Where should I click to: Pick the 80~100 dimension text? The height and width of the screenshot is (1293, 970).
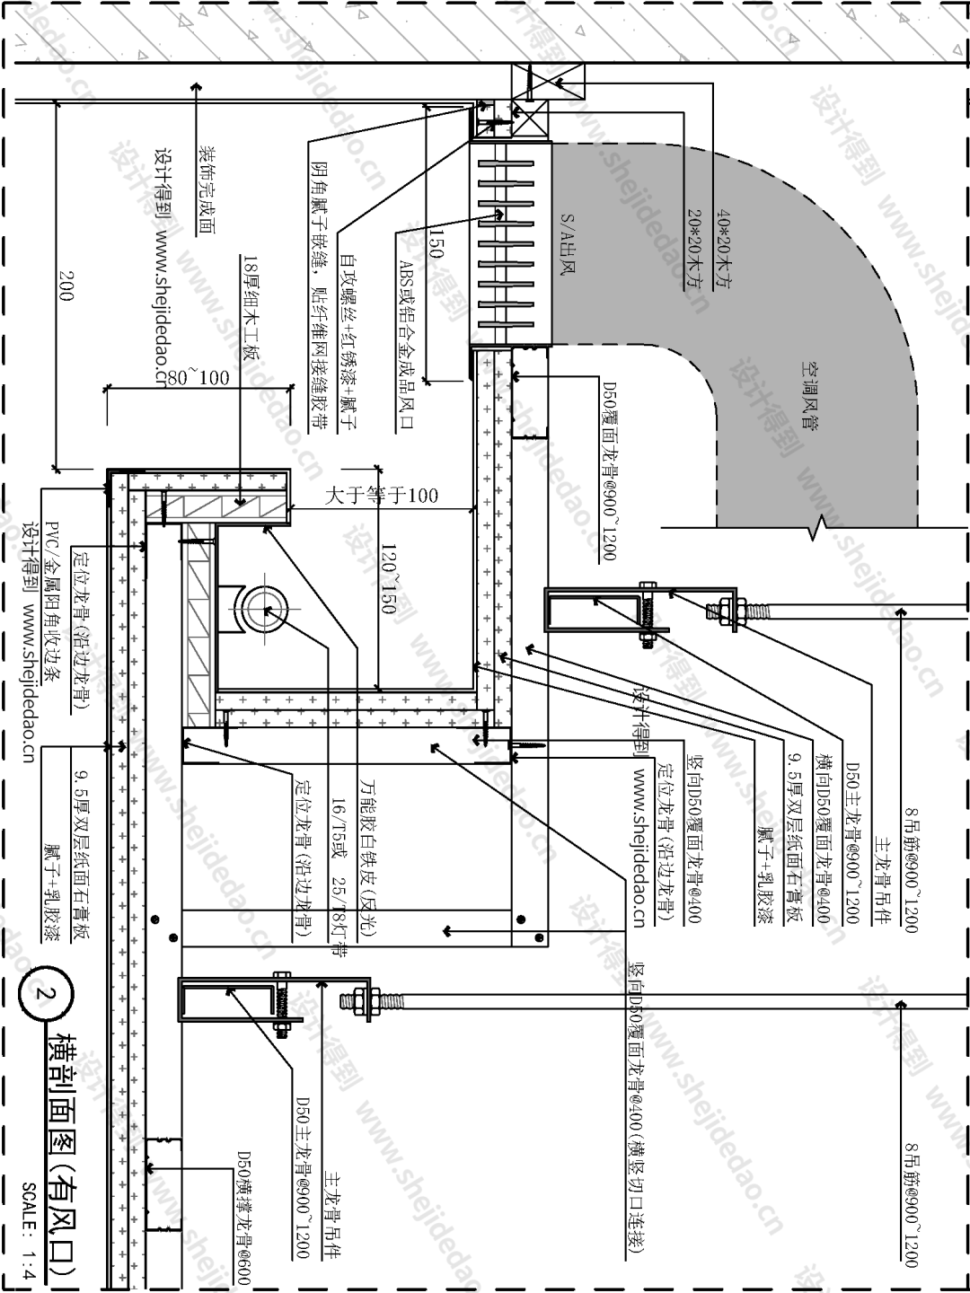point(197,377)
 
